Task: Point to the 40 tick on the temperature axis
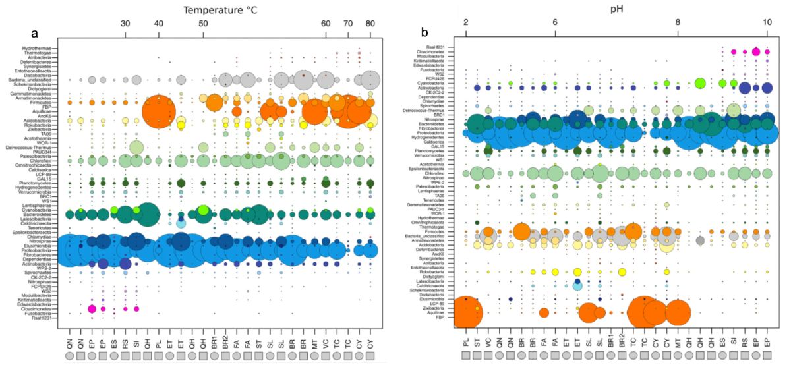(158, 24)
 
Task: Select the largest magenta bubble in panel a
(92, 309)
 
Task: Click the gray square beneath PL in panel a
(159, 356)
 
